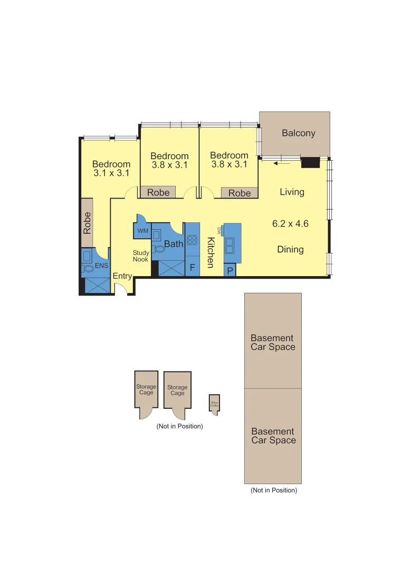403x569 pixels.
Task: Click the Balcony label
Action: (x=298, y=133)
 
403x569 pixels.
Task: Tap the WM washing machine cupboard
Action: (x=142, y=231)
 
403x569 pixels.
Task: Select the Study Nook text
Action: (x=141, y=256)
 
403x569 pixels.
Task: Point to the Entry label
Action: (x=122, y=276)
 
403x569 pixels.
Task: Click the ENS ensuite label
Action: (x=101, y=266)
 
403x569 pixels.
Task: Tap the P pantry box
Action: (x=229, y=270)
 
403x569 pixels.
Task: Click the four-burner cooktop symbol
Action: (x=192, y=240)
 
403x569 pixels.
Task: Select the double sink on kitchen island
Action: (x=231, y=243)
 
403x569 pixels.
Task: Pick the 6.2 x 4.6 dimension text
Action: (x=290, y=223)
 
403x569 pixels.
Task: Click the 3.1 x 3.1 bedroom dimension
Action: (x=111, y=173)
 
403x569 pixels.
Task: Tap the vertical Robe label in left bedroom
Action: (x=88, y=223)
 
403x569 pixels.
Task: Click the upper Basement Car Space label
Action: (x=273, y=342)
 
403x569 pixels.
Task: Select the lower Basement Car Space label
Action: (x=273, y=436)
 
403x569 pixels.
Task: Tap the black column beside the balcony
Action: (x=310, y=163)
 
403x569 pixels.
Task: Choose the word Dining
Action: (x=290, y=249)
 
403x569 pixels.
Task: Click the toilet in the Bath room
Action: (x=159, y=249)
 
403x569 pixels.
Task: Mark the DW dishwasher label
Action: (x=217, y=230)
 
